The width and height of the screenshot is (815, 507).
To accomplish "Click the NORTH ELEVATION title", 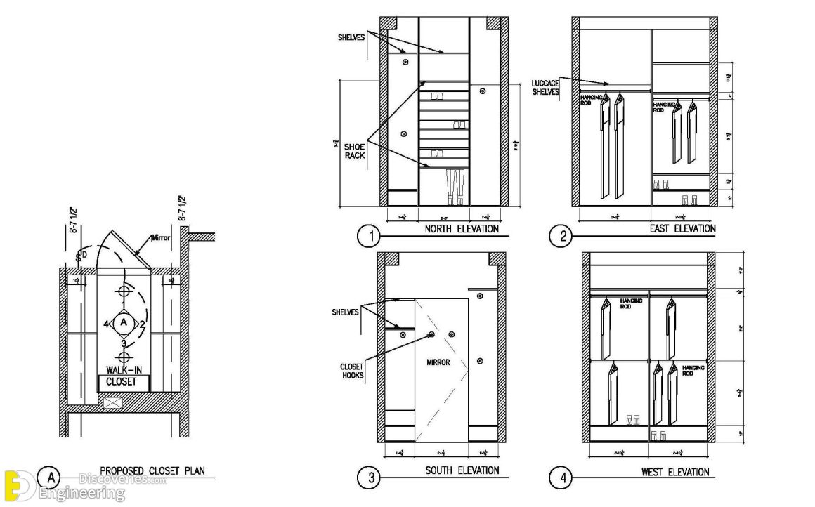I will pos(462,229).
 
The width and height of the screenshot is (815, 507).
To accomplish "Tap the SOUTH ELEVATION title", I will pos(462,470).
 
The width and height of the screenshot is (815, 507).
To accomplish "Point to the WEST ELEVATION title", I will pos(674,472).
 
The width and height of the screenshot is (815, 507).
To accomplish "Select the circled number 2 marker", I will pos(561,237).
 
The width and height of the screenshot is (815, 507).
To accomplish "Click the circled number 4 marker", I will pos(561,479).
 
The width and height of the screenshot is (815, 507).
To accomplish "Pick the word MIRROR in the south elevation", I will pos(438,363).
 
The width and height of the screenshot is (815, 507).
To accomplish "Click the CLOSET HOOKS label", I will pos(351,371).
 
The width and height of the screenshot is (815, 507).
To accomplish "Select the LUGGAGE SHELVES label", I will pos(546,87).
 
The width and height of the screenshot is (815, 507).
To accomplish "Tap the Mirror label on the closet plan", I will pos(161,238).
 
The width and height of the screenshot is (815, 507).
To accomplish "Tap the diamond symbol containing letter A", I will pos(124,323).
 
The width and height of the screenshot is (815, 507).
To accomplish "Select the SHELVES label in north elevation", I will pos(351,37).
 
